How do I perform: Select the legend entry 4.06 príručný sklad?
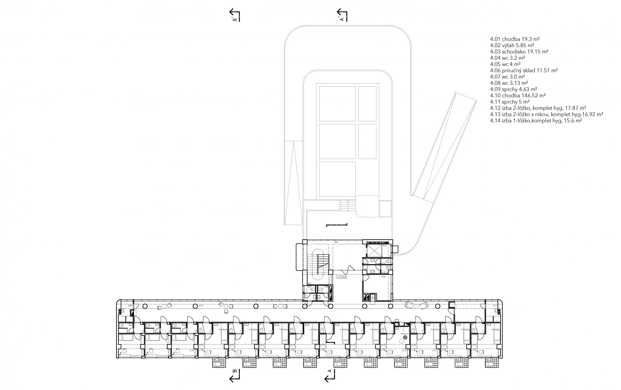[524, 70]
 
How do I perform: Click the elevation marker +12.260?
[341, 277]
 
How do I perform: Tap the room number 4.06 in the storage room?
[383, 277]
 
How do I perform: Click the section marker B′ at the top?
[235, 16]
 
